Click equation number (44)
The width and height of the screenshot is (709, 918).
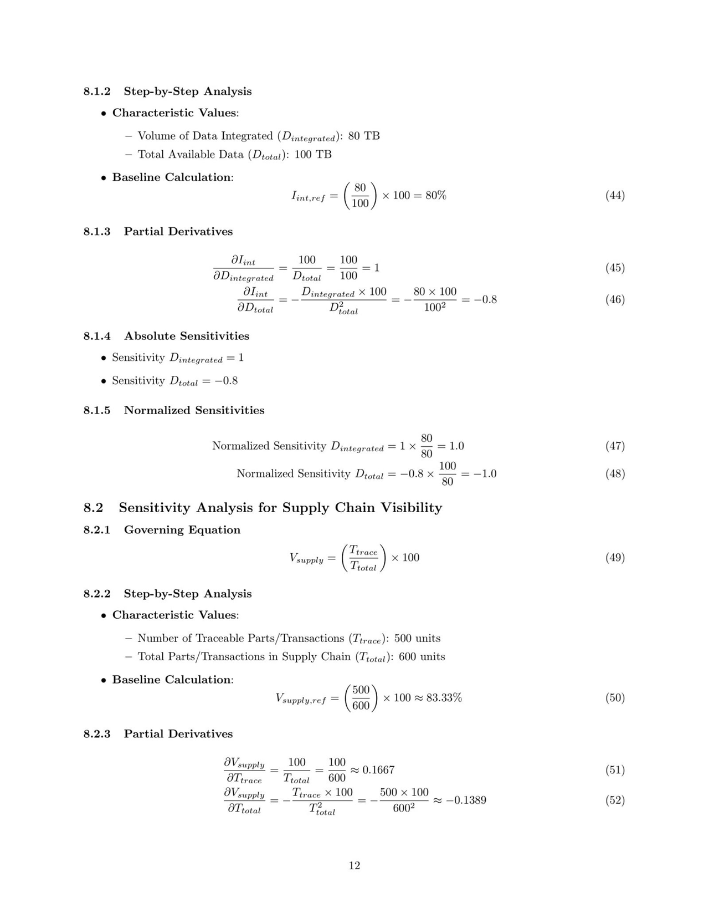point(615,195)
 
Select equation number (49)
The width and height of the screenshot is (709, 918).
point(615,558)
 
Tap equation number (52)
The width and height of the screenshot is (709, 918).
point(615,800)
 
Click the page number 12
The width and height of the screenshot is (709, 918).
point(354,866)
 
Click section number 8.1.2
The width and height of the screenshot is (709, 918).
point(97,91)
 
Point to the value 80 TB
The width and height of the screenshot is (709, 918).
point(364,136)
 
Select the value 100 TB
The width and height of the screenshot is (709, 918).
point(313,155)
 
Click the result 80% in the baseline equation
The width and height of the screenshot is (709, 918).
point(436,195)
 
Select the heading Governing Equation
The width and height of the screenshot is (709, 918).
point(182,530)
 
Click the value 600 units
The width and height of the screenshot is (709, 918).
point(422,657)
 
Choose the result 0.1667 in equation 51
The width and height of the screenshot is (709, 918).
point(378,770)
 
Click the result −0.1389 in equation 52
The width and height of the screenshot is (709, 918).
point(466,800)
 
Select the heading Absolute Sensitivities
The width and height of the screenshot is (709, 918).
point(187,336)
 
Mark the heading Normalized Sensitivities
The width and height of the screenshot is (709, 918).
point(194,410)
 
